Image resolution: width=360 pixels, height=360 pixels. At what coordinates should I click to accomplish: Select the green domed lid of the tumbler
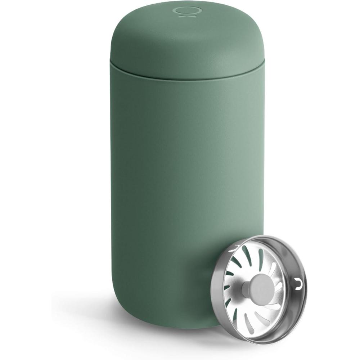click(187, 40)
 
